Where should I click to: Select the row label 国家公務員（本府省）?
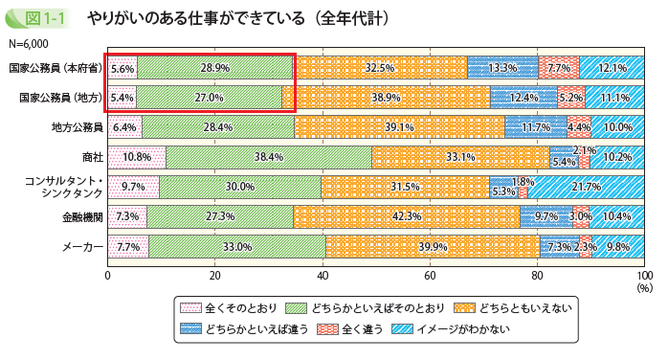point(55,68)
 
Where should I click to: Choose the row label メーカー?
point(84,247)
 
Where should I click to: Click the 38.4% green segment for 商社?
point(269,157)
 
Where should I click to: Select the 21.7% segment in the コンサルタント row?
point(586,187)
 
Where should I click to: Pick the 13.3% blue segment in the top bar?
point(502,68)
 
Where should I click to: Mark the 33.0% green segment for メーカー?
point(237,247)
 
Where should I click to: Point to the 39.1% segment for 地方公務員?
point(399,127)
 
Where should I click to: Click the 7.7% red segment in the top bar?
point(559,68)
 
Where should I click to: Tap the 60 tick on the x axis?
point(430,275)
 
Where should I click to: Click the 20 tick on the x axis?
point(215,275)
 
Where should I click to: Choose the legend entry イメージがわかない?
point(464,328)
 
